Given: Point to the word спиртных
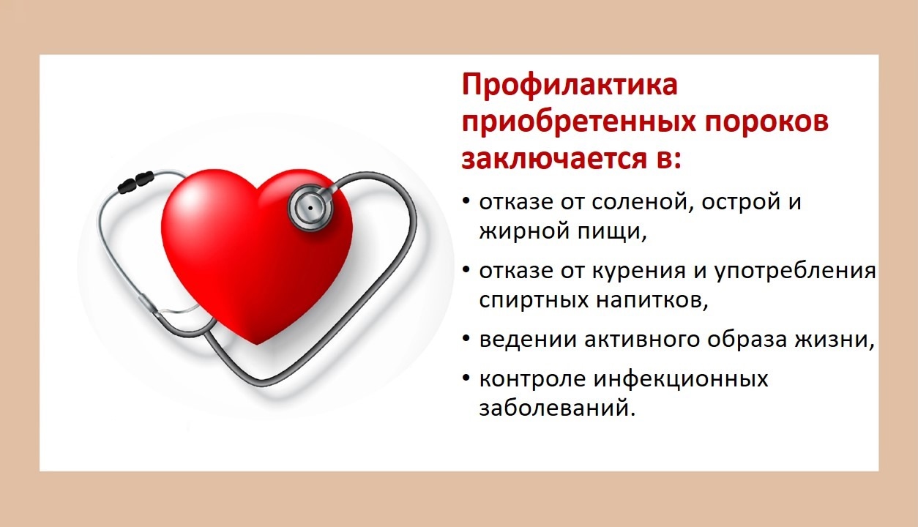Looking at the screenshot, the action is coord(534,300).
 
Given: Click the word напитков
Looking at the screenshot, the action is coord(652,300).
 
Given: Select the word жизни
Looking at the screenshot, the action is coord(835,340).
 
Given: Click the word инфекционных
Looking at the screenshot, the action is coord(681,379).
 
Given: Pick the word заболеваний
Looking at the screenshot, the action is coord(557,408).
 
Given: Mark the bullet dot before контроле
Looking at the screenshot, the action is coord(466,378).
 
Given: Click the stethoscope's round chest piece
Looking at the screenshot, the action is coord(310,208).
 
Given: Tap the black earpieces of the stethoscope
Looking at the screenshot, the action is coord(135,182).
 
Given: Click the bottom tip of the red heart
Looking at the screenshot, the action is coord(256,344).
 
